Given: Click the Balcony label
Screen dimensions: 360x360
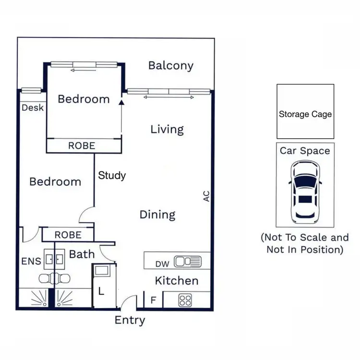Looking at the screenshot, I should (170, 66).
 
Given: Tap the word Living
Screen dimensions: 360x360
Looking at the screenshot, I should (167, 129).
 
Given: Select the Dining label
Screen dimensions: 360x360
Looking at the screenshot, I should (157, 215).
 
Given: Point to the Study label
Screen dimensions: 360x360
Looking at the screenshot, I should (112, 175).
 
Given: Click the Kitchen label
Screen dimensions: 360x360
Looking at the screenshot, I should (176, 281).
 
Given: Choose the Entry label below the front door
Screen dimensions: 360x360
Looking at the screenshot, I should (130, 320).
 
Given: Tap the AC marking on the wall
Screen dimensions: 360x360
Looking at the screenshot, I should (206, 196).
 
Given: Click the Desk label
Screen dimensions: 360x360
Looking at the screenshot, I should (33, 108).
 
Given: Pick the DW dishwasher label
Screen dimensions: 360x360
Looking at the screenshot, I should (162, 263).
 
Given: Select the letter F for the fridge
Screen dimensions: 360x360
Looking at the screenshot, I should (153, 300).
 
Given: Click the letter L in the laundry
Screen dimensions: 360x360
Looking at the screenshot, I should (102, 291).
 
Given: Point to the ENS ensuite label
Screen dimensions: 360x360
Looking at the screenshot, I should (31, 262).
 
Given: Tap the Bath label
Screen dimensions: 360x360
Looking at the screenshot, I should (82, 254).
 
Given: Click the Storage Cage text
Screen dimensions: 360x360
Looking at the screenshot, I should (305, 114).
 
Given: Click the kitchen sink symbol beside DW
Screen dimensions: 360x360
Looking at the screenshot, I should (188, 262).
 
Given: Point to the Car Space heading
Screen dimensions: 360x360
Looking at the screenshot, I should (305, 151).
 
